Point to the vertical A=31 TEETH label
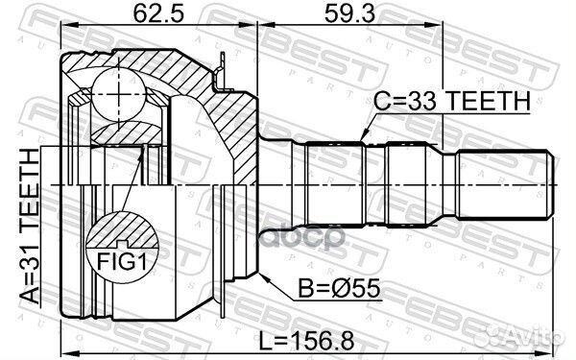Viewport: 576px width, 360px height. (28, 227)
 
